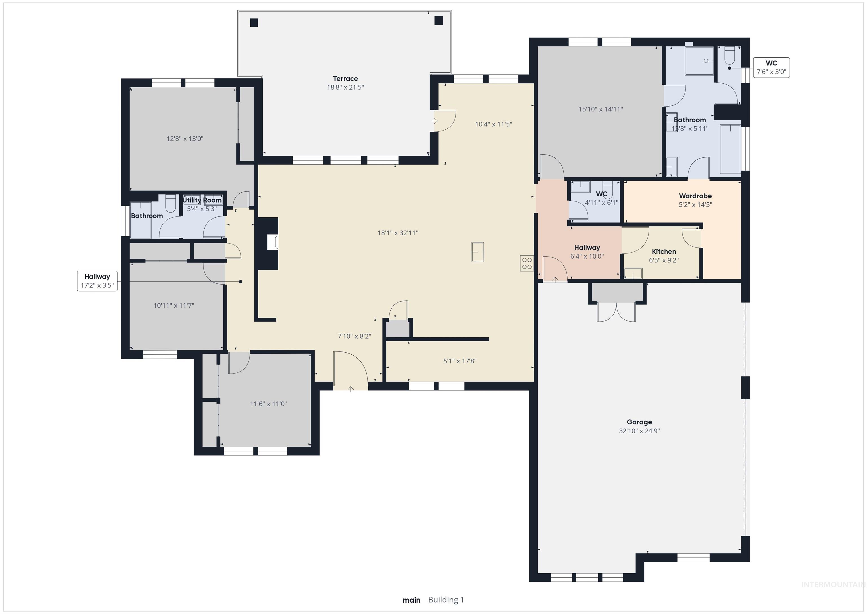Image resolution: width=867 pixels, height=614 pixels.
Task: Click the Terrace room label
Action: [x=345, y=79]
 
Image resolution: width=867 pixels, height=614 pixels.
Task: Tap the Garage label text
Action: [x=639, y=422]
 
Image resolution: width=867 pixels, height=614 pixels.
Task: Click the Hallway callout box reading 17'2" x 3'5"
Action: [x=97, y=281]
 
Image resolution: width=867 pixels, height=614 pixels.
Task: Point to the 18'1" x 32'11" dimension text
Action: [x=398, y=233]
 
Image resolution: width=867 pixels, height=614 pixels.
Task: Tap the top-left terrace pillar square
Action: [x=254, y=23]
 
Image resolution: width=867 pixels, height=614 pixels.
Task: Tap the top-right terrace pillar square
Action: [x=438, y=20]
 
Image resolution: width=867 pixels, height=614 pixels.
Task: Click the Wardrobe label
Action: [x=695, y=196]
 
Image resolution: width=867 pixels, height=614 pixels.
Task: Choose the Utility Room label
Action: [x=202, y=200]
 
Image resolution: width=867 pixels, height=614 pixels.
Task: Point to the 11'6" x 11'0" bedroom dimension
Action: [x=268, y=404]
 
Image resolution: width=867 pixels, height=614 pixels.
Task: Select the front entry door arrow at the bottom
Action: [x=351, y=389]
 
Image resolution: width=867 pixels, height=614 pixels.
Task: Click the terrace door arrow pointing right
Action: [x=435, y=121]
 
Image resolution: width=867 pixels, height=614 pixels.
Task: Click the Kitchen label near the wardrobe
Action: [x=664, y=251]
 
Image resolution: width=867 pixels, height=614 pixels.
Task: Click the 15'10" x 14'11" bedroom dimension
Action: [x=600, y=109]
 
